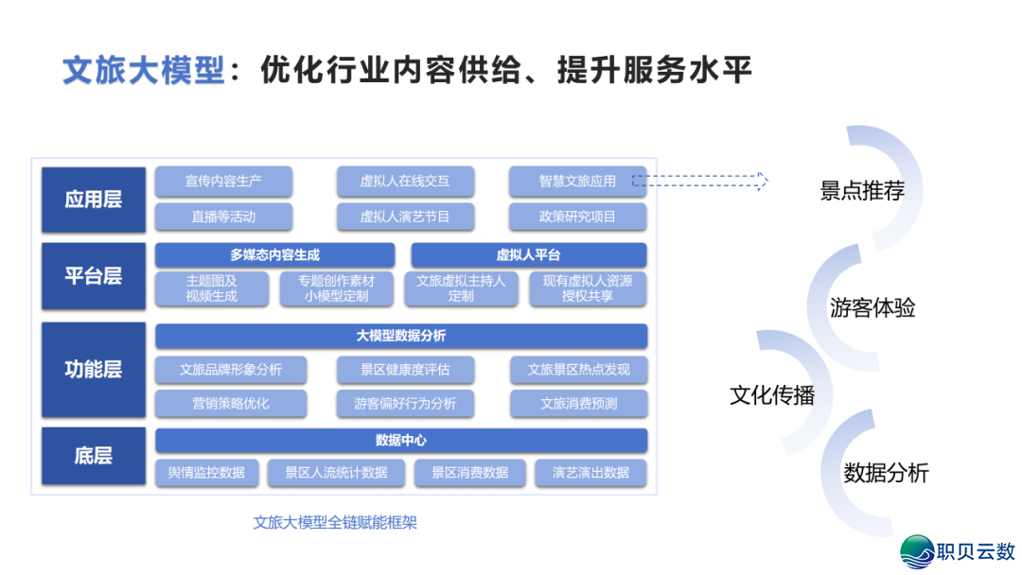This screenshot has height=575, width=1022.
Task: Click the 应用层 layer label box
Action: click(93, 200)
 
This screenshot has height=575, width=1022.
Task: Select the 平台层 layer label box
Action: click(93, 276)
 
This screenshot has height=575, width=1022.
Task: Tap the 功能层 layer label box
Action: click(93, 369)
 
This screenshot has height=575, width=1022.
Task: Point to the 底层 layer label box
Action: click(93, 456)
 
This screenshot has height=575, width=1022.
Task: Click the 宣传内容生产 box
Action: click(223, 182)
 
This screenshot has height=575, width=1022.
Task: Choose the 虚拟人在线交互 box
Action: click(405, 182)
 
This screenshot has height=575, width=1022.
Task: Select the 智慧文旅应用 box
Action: click(577, 182)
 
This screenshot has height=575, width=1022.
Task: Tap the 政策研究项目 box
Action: click(577, 217)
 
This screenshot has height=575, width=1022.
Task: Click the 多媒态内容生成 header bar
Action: click(274, 255)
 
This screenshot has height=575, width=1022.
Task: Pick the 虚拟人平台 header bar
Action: click(528, 255)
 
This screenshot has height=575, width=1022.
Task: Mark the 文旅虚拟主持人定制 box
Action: click(461, 288)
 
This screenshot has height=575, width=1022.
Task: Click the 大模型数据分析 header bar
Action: click(401, 336)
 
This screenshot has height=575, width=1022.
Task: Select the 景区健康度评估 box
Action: click(405, 370)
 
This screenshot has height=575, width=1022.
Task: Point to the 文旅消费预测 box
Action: click(578, 404)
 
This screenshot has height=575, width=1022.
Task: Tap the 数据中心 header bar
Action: click(401, 441)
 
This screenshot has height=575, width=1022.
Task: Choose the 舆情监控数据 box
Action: click(206, 473)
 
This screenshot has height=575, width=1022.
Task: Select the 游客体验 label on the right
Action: click(872, 308)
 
